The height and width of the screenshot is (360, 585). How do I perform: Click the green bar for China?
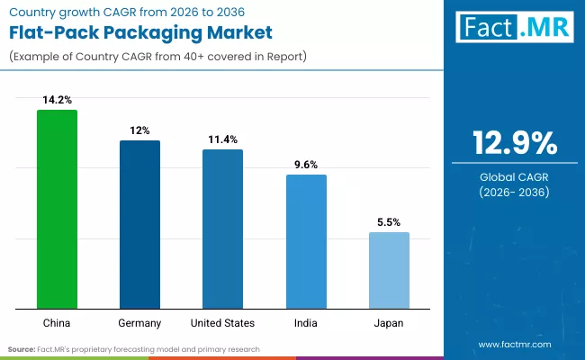(57, 210)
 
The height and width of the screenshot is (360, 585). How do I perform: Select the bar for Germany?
(139, 225)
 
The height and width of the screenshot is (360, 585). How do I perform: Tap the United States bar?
(222, 229)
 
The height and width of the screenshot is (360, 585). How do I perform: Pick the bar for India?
(306, 242)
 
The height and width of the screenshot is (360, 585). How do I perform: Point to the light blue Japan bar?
(389, 271)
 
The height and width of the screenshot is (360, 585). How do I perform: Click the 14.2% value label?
(57, 99)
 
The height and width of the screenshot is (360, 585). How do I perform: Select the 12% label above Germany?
(139, 130)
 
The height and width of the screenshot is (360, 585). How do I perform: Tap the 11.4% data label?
(222, 139)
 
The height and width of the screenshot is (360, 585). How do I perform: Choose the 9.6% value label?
(306, 164)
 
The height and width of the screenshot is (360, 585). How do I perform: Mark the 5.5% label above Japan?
(389, 221)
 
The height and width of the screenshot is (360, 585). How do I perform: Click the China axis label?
(57, 322)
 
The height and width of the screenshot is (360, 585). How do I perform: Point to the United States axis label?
(222, 322)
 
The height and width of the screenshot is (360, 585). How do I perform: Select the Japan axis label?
(389, 322)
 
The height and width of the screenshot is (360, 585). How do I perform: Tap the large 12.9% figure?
(514, 143)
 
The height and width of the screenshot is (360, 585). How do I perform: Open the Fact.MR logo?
(514, 29)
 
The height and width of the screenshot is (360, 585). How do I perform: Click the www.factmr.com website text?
(514, 344)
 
